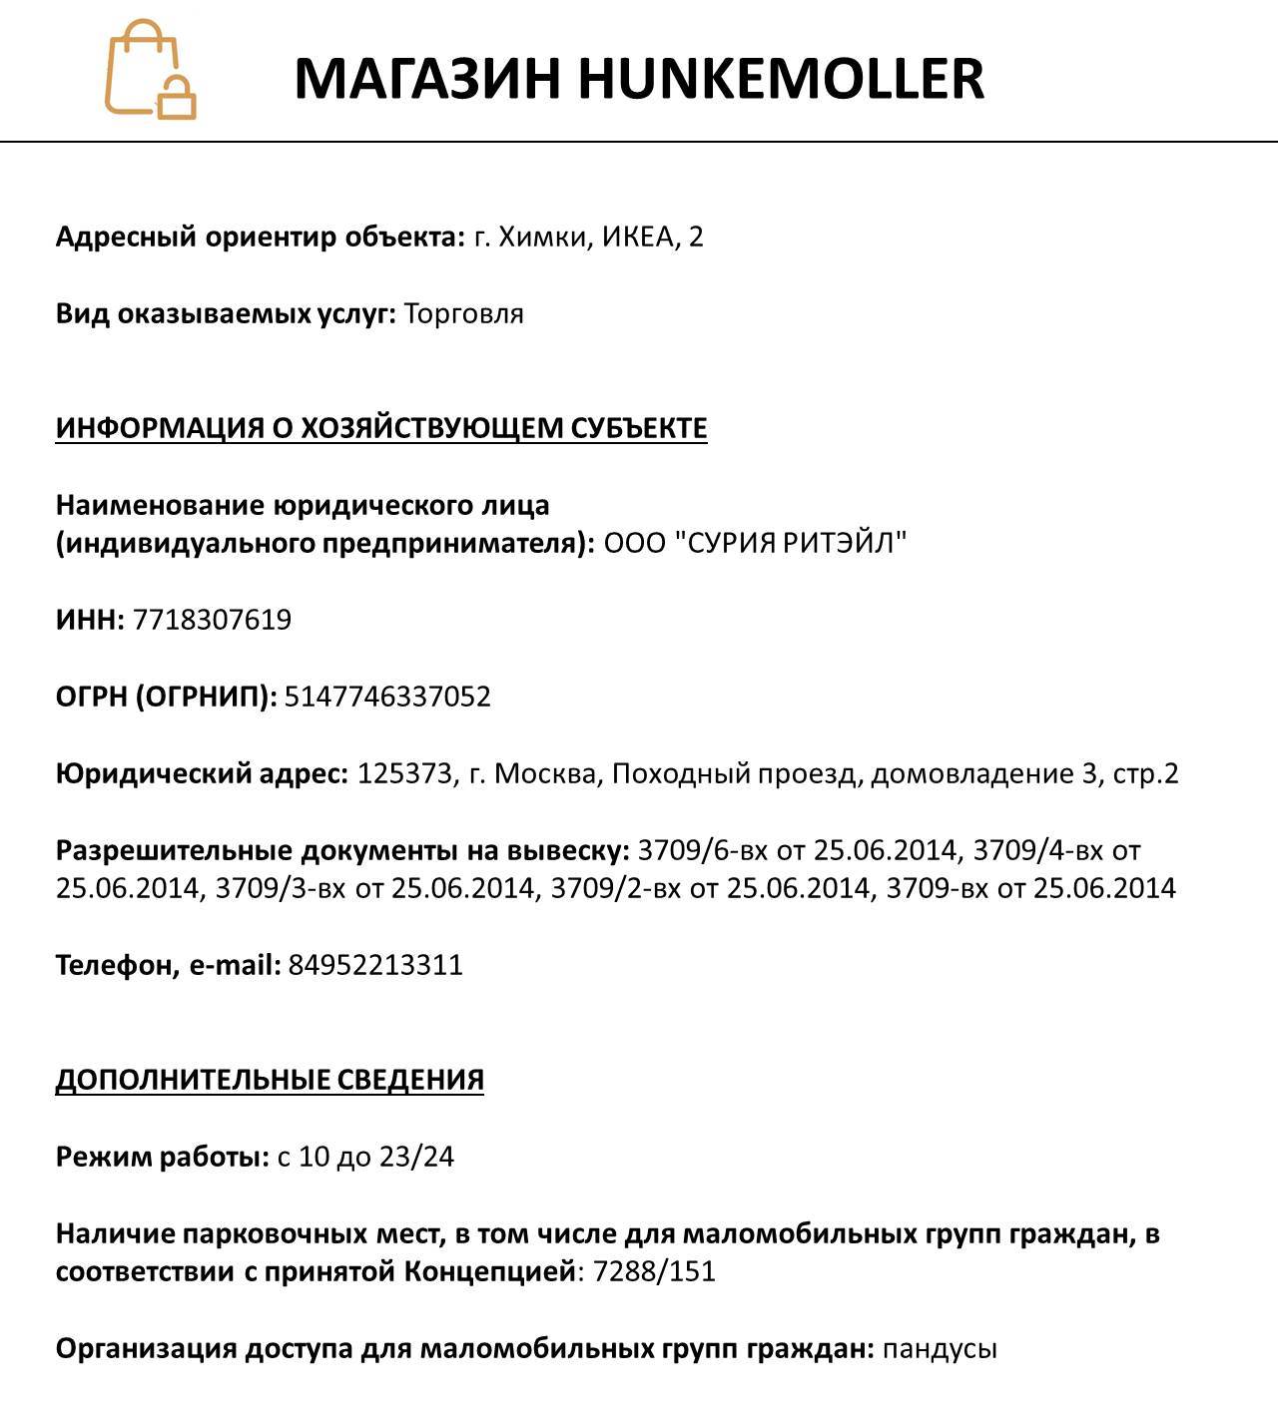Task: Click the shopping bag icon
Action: tap(150, 70)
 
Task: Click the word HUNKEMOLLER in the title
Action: tap(781, 78)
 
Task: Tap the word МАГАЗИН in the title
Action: tap(428, 78)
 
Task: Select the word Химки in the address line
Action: tap(544, 238)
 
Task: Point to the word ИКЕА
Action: tap(637, 238)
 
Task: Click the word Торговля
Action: tap(464, 314)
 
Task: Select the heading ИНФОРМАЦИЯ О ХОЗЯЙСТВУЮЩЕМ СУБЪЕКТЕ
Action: tap(381, 428)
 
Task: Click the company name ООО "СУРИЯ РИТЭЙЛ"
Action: tap(755, 544)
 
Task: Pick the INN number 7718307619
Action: tap(212, 620)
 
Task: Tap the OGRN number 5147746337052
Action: tap(387, 697)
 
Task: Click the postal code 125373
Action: tap(404, 773)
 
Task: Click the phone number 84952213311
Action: tap(375, 965)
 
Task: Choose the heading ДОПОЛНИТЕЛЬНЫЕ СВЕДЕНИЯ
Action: tap(270, 1080)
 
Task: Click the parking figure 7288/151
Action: tap(654, 1272)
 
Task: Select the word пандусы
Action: tap(940, 1349)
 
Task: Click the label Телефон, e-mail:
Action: tap(168, 965)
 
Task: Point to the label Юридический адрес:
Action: tap(202, 773)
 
